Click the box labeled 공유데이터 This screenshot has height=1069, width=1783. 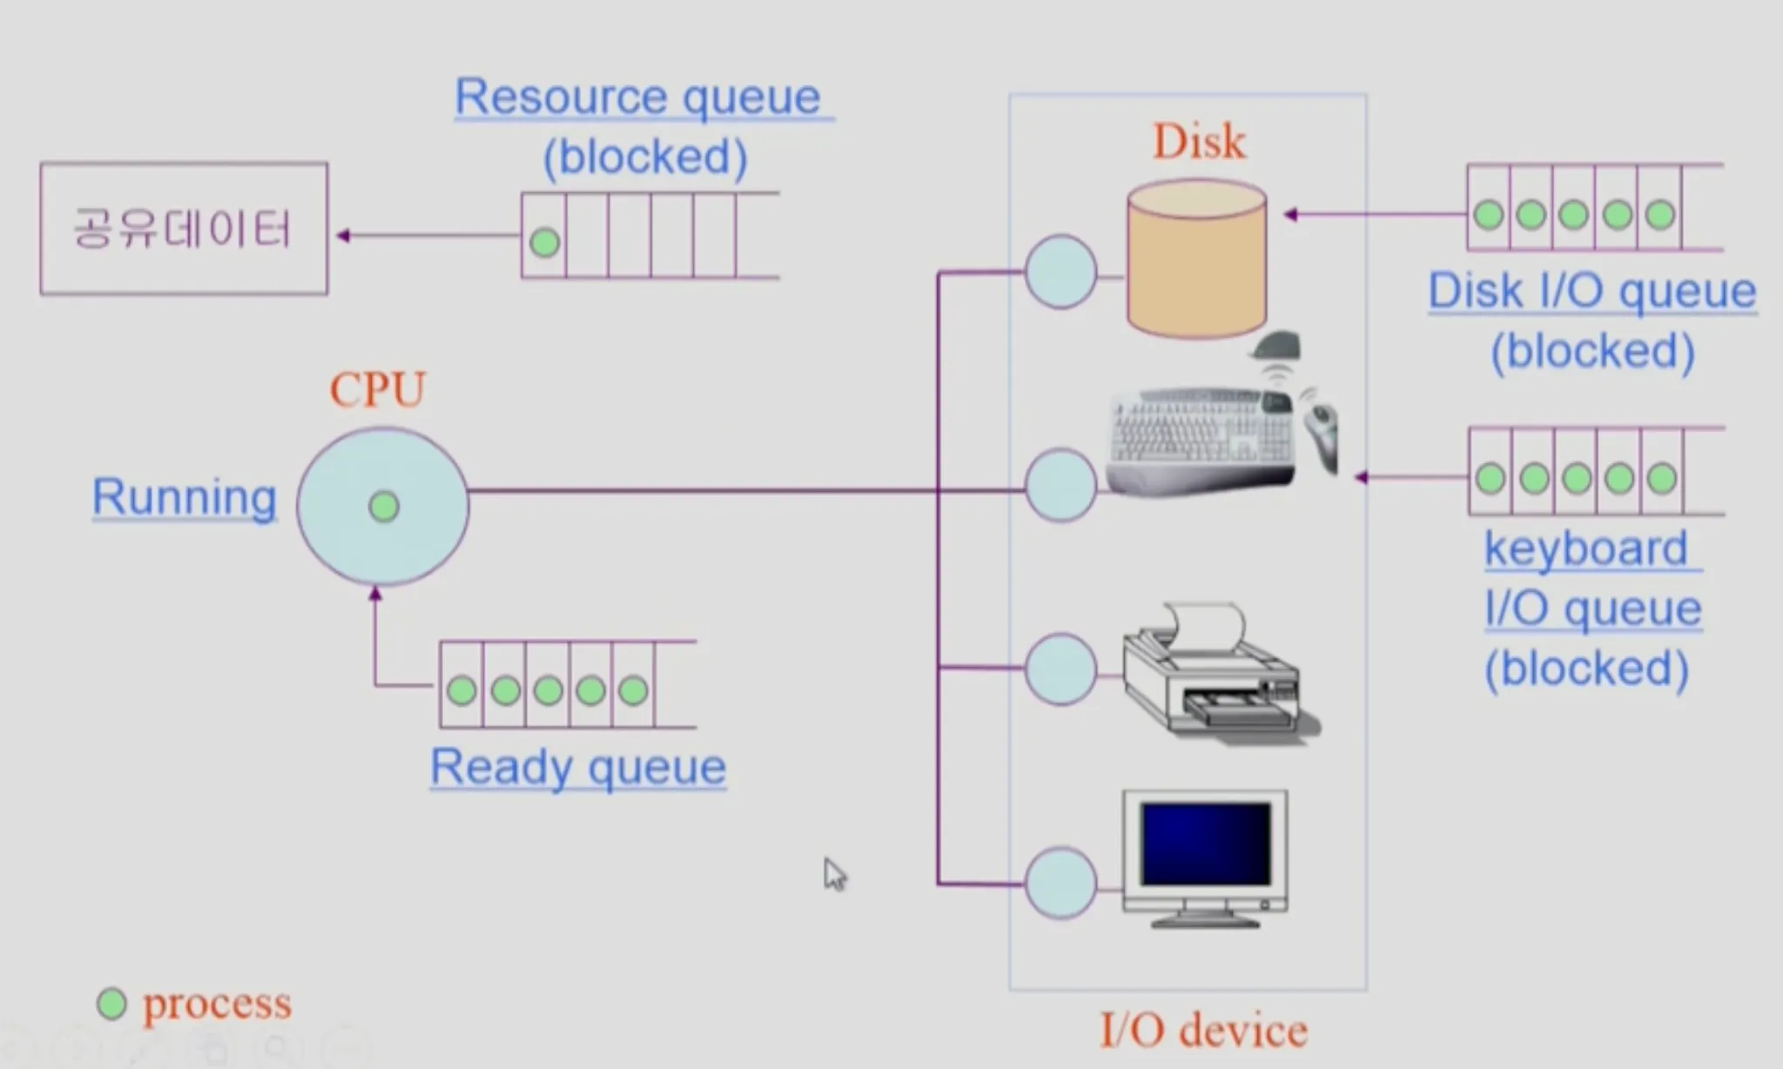(x=184, y=228)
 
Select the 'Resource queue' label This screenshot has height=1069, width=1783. (x=637, y=97)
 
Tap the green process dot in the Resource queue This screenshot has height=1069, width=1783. (x=545, y=242)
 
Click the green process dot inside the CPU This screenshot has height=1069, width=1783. (x=384, y=506)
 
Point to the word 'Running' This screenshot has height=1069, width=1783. (x=185, y=497)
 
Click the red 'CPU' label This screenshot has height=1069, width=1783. (x=378, y=389)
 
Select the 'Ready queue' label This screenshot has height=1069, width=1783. (x=578, y=768)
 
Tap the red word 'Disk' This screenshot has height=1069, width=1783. (x=1199, y=141)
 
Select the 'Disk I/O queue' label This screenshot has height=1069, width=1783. (x=1592, y=291)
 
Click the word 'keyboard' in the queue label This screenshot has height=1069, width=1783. (x=1585, y=548)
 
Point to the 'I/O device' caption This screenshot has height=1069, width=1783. (x=1203, y=1031)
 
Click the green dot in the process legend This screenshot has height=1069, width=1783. (x=111, y=1004)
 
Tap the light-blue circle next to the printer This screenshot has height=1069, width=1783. (x=1060, y=669)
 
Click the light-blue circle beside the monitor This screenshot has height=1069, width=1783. (x=1060, y=884)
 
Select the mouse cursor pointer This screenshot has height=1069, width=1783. (x=833, y=873)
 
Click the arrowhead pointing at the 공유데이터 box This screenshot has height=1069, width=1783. (x=343, y=235)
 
